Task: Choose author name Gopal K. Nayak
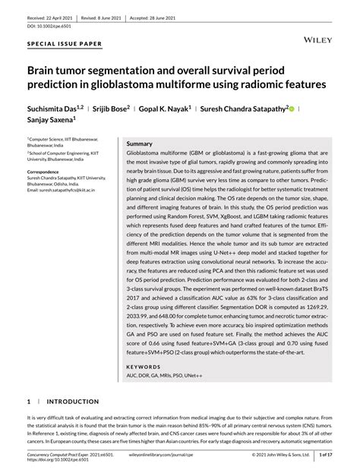click(x=165, y=109)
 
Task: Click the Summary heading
click(x=140, y=143)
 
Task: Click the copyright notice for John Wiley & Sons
click(x=287, y=455)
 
